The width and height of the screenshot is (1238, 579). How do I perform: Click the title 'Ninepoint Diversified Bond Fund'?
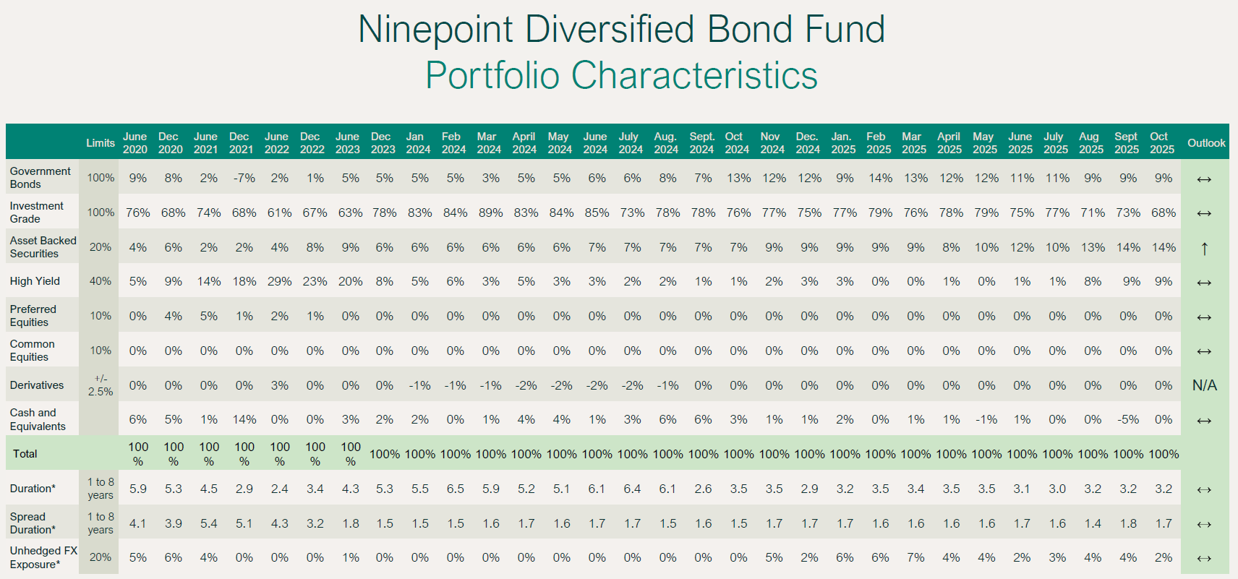coord(621,30)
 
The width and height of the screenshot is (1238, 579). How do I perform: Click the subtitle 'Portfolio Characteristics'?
coord(621,76)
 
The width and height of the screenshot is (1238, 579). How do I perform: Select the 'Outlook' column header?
coord(1205,143)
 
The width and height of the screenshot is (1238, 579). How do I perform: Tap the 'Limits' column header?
coord(101,143)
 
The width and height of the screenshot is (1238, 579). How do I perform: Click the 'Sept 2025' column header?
coord(1126,142)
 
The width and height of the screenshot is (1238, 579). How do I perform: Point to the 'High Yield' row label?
coord(35,281)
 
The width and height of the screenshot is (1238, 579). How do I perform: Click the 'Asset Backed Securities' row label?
coord(43,246)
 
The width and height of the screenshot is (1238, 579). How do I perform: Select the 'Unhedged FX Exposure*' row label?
coord(43,557)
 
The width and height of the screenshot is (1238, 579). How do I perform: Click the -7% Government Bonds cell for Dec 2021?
coord(244,178)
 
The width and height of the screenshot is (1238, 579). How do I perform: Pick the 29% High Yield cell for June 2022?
coord(279,281)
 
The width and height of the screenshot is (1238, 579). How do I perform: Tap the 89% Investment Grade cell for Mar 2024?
coord(490,213)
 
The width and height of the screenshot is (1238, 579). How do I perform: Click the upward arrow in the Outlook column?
coord(1204,249)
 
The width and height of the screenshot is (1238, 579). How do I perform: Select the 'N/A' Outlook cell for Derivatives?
coord(1204,385)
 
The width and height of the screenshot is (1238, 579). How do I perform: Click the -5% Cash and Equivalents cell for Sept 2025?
coord(1127,420)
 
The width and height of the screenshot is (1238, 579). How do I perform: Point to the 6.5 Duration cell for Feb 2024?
coord(455,489)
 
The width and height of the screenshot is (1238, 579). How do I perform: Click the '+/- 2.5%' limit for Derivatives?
coord(101,385)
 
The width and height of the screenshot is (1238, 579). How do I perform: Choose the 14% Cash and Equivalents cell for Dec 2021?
coord(244,420)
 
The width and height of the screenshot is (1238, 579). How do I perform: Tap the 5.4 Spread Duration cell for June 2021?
coord(208,523)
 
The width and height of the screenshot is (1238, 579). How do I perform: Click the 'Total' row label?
coord(25,454)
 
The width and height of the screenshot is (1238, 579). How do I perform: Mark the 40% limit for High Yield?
coord(101,281)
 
